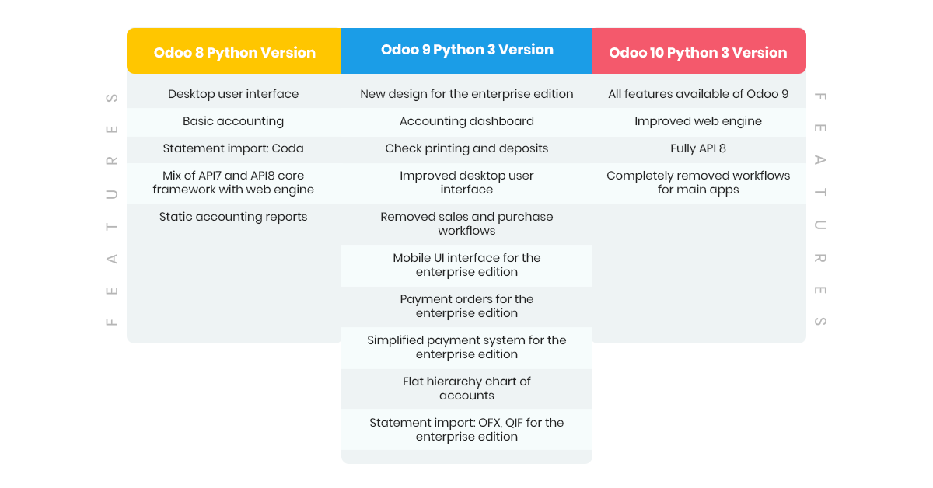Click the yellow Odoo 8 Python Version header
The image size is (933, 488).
(x=234, y=51)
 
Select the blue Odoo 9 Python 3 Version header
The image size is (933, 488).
(x=466, y=51)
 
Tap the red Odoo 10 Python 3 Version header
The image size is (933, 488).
(x=699, y=51)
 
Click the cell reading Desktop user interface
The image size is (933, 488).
(x=233, y=94)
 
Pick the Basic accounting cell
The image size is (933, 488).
(x=233, y=121)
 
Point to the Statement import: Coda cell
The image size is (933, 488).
(x=233, y=148)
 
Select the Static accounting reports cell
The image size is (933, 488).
(x=233, y=217)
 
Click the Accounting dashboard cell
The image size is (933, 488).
(x=466, y=121)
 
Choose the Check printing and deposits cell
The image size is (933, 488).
(x=466, y=148)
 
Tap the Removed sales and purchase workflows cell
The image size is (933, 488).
(x=466, y=224)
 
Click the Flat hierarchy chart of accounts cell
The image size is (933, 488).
(x=466, y=389)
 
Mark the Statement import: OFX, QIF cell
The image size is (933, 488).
(x=466, y=430)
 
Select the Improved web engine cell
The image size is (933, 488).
(x=698, y=121)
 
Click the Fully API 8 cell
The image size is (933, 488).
(x=698, y=148)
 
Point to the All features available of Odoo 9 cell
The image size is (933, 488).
(x=698, y=94)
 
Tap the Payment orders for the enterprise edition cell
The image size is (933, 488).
(x=466, y=306)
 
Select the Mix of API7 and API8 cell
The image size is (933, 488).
(x=233, y=183)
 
